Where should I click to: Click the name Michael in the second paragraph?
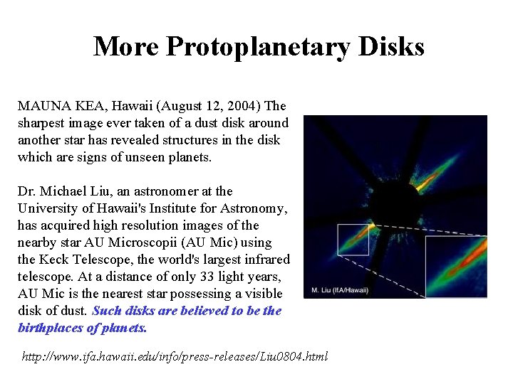[65, 191]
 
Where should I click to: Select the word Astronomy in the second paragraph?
[254, 208]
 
